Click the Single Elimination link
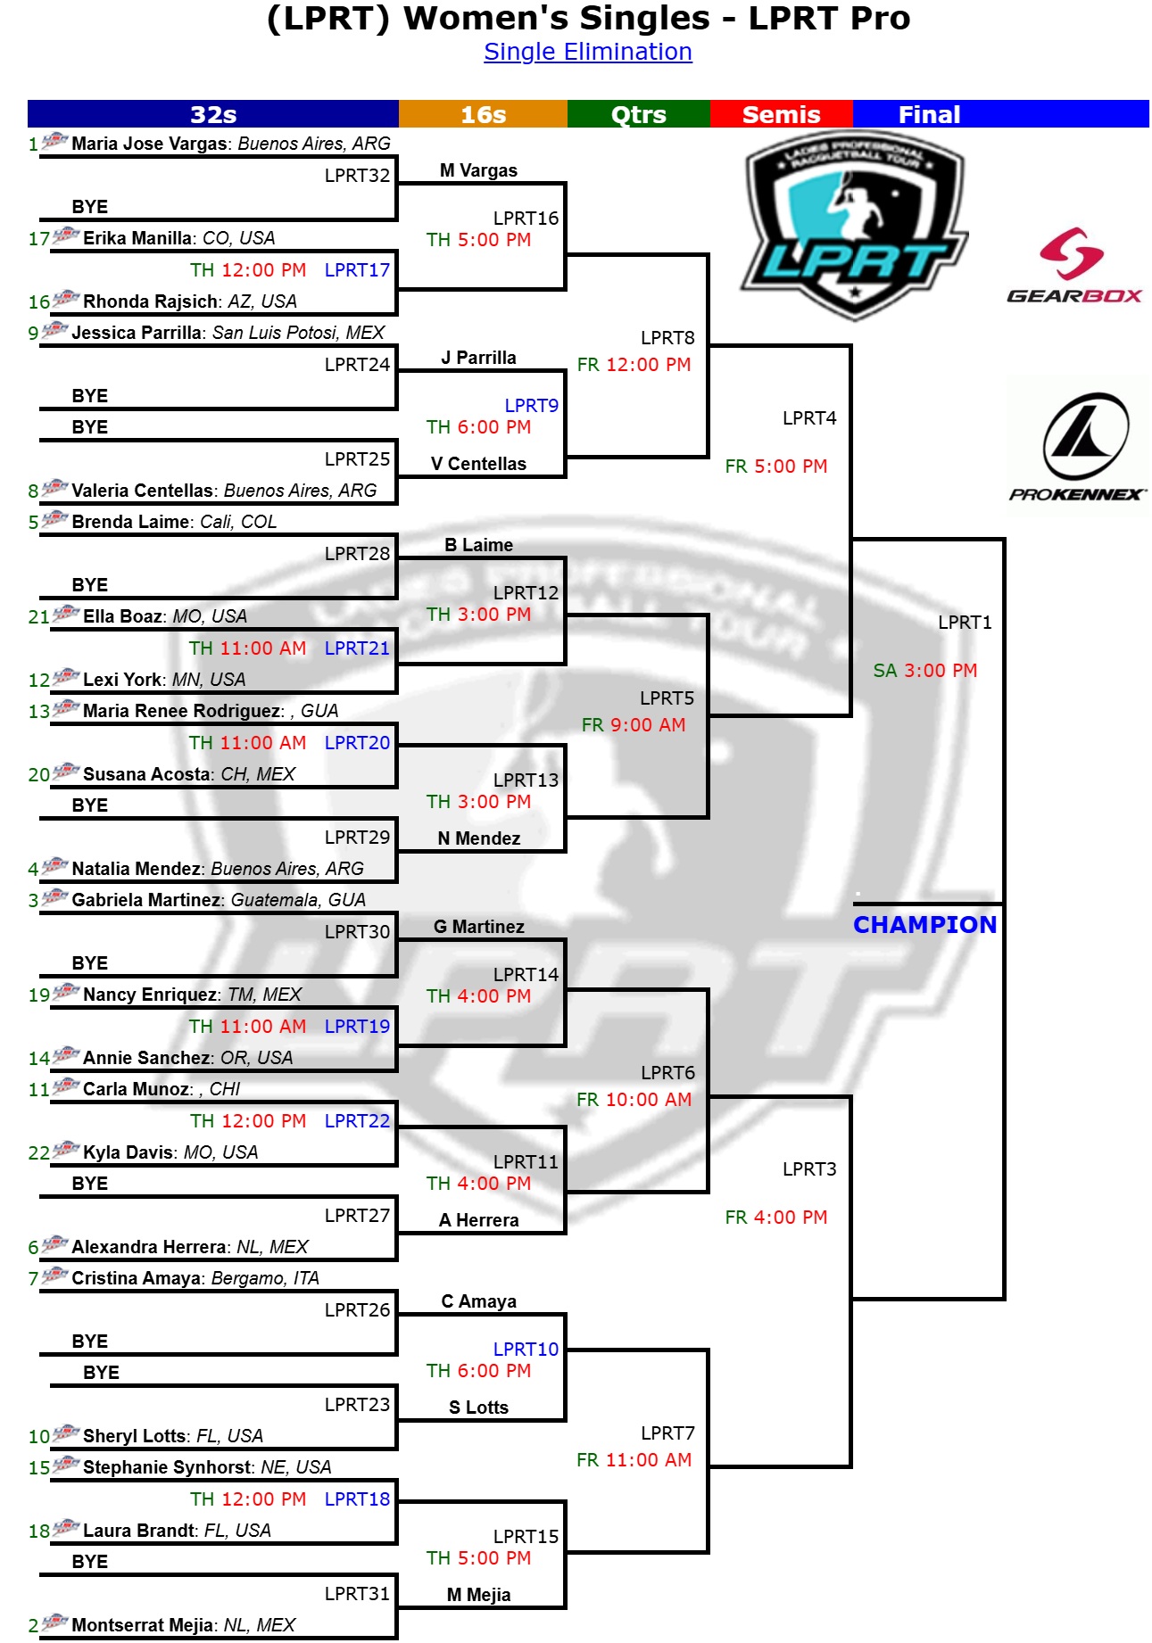coord(587,52)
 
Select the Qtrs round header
coord(638,114)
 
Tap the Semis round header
coord(781,114)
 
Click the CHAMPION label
coord(924,925)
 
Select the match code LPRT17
coord(357,270)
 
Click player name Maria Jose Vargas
coord(149,144)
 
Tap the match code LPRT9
coord(531,406)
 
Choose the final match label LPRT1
coord(965,623)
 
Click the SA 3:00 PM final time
coord(925,671)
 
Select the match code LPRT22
coord(357,1121)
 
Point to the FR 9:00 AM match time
coord(634,725)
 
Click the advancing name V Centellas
coord(478,464)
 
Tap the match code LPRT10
coord(526,1350)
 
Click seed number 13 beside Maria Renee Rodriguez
coord(38,712)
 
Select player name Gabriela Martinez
coord(146,900)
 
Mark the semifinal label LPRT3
coord(809,1169)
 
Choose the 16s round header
coord(483,114)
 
